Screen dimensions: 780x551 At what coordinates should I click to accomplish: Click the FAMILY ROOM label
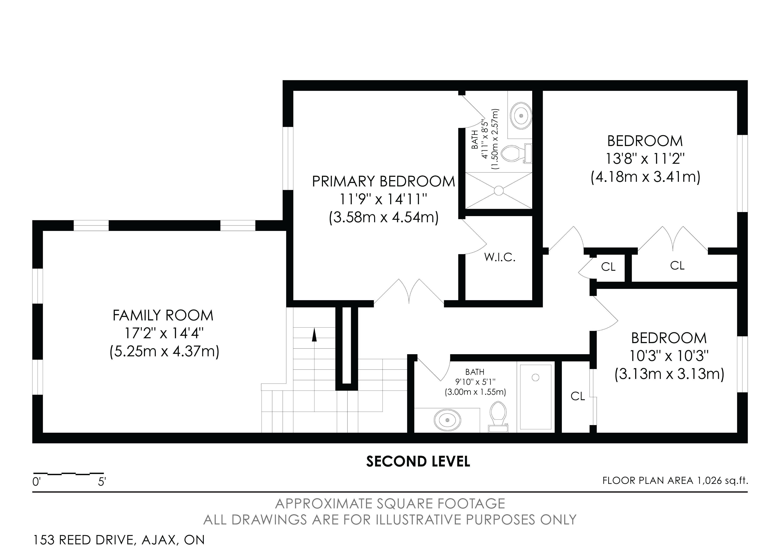point(163,316)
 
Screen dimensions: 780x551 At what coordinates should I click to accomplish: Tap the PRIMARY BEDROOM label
point(383,181)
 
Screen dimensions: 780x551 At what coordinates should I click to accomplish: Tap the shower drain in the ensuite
point(498,191)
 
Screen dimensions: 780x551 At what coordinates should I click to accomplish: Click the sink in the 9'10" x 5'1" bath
point(447,420)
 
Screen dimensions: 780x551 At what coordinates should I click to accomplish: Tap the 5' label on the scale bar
point(102,482)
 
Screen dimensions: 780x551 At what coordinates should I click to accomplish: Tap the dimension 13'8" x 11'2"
point(645,159)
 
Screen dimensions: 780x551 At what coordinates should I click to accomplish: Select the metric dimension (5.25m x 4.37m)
point(164,351)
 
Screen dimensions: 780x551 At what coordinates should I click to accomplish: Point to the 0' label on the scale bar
point(36,482)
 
